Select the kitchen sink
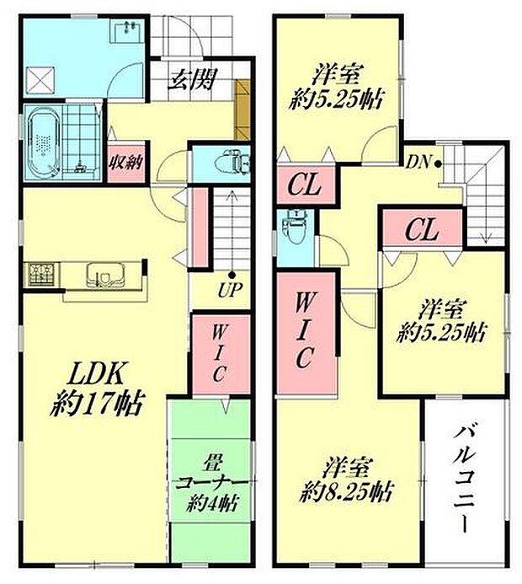[x=104, y=274]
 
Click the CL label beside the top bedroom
[x=306, y=183]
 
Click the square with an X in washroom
[x=40, y=80]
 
